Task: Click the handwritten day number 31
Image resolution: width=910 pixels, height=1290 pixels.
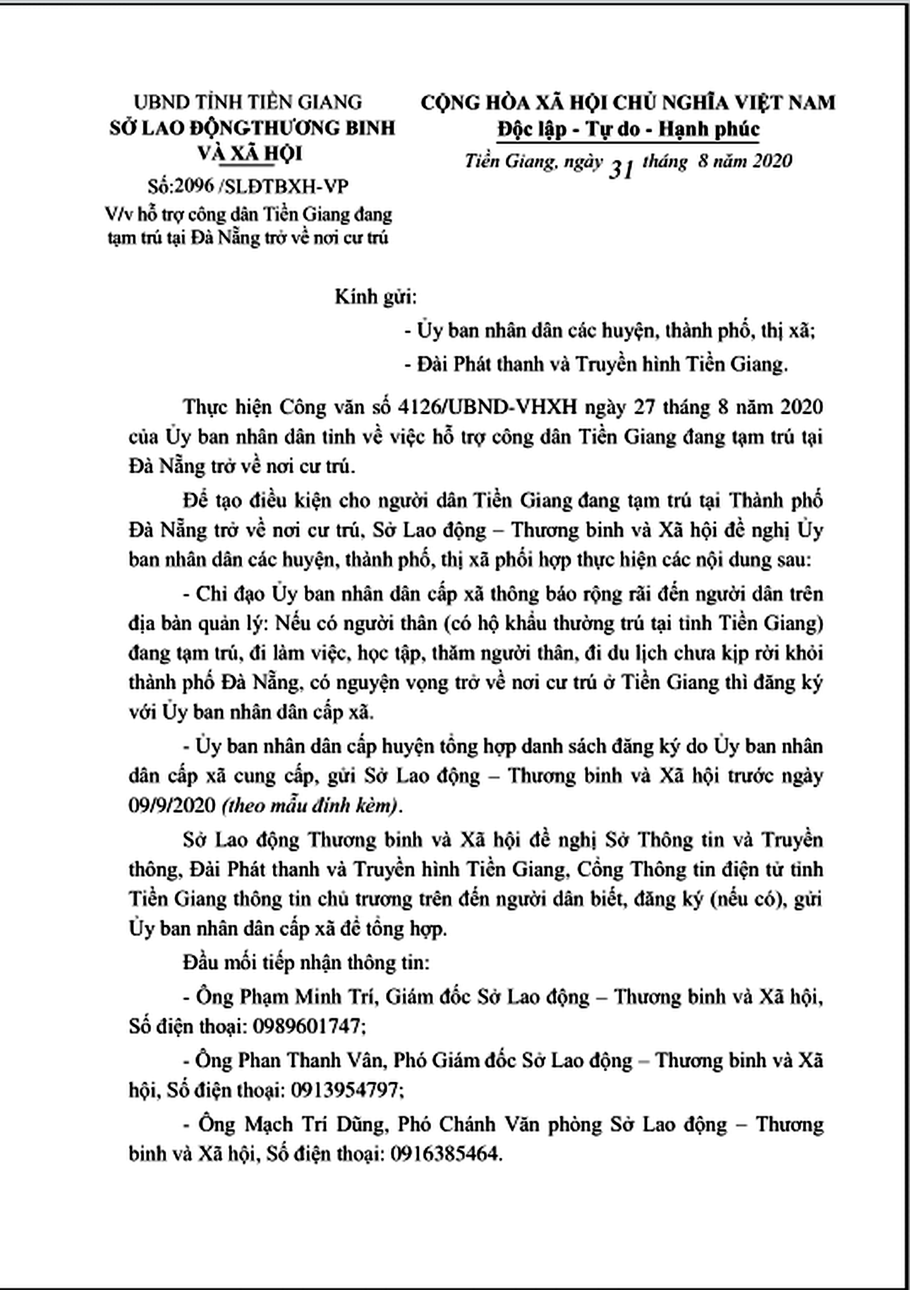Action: tap(621, 169)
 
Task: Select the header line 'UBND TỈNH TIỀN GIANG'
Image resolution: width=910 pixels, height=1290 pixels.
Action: tap(248, 101)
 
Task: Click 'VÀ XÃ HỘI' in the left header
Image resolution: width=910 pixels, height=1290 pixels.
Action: tap(250, 154)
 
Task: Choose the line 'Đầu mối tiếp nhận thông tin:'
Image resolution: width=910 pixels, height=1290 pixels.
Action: tap(306, 963)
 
